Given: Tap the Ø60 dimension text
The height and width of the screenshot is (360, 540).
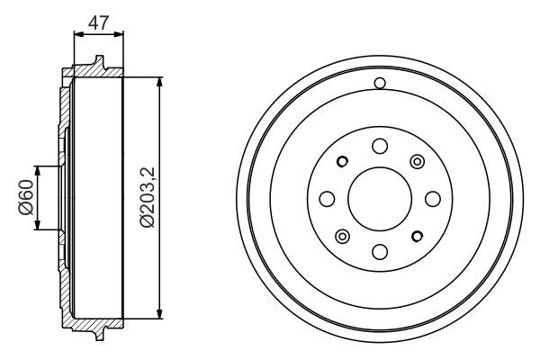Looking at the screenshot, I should click(25, 198).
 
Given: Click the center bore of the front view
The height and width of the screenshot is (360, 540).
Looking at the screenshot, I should click(379, 198).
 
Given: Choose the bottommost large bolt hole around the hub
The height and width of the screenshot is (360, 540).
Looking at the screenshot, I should click(379, 250).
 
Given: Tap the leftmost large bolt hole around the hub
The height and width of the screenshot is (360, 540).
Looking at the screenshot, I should click(327, 198).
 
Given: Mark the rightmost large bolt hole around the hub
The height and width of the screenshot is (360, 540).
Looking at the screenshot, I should click(431, 198).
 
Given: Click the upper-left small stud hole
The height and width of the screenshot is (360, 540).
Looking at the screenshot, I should click(342, 162).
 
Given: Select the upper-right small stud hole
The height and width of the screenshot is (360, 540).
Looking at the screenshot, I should click(416, 161).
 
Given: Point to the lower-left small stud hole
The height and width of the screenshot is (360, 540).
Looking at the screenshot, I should click(342, 236).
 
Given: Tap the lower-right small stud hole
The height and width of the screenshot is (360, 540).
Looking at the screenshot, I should click(416, 236).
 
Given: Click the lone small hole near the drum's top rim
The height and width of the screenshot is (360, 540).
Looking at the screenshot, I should click(379, 85).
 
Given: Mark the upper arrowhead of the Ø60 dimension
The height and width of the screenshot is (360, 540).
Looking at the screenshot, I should click(37, 170).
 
